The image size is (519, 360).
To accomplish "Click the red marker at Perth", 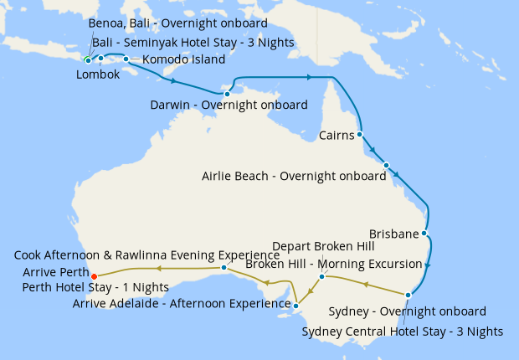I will [94, 275].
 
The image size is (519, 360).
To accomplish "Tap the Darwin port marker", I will [227, 95].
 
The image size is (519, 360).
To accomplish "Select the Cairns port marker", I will [359, 134].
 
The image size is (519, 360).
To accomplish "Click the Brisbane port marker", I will [424, 233].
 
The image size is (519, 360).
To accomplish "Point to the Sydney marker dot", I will [408, 295].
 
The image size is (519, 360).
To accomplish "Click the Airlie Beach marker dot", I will [386, 165].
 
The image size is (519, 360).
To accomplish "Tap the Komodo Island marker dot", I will [126, 59].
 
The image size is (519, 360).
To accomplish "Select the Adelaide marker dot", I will [295, 306].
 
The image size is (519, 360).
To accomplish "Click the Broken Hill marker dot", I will [321, 276].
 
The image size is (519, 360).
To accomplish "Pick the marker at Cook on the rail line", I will [224, 268].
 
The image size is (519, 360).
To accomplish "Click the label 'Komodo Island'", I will [183, 59].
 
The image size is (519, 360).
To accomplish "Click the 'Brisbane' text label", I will [393, 233].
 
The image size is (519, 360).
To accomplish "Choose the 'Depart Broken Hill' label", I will [326, 247].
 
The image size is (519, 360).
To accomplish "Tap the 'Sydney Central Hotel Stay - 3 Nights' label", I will [402, 332].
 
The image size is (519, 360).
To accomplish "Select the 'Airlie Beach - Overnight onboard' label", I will [294, 177].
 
